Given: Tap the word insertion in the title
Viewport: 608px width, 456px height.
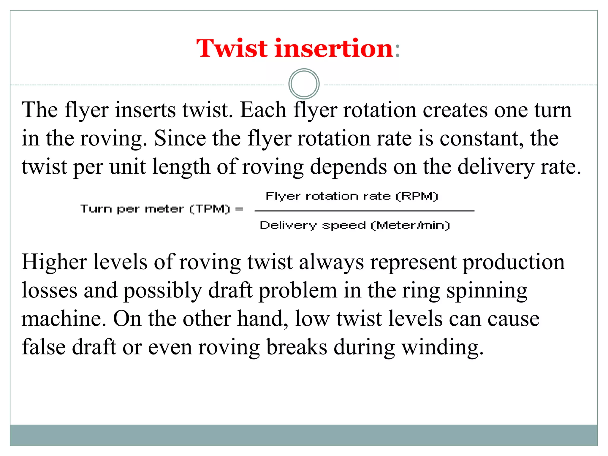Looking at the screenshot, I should pyautogui.click(x=334, y=48).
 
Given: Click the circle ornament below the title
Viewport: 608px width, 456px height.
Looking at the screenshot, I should pyautogui.click(x=304, y=84).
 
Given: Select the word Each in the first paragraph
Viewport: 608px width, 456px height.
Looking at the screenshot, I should pyautogui.click(x=263, y=110).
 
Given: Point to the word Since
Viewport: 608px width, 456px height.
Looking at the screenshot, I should pyautogui.click(x=180, y=138).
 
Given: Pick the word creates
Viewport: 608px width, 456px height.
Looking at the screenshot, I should pyautogui.click(x=455, y=110).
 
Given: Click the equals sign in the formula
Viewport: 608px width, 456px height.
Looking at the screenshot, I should pyautogui.click(x=239, y=209).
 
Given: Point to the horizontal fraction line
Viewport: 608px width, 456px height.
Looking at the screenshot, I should pyautogui.click(x=364, y=211).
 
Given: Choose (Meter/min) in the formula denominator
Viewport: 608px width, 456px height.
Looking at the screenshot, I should pyautogui.click(x=410, y=226).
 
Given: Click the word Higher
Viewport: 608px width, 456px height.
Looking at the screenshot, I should pyautogui.click(x=54, y=262).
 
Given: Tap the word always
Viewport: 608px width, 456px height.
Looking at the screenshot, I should pyautogui.click(x=331, y=262).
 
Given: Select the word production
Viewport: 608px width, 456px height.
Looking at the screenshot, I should pyautogui.click(x=514, y=262).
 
